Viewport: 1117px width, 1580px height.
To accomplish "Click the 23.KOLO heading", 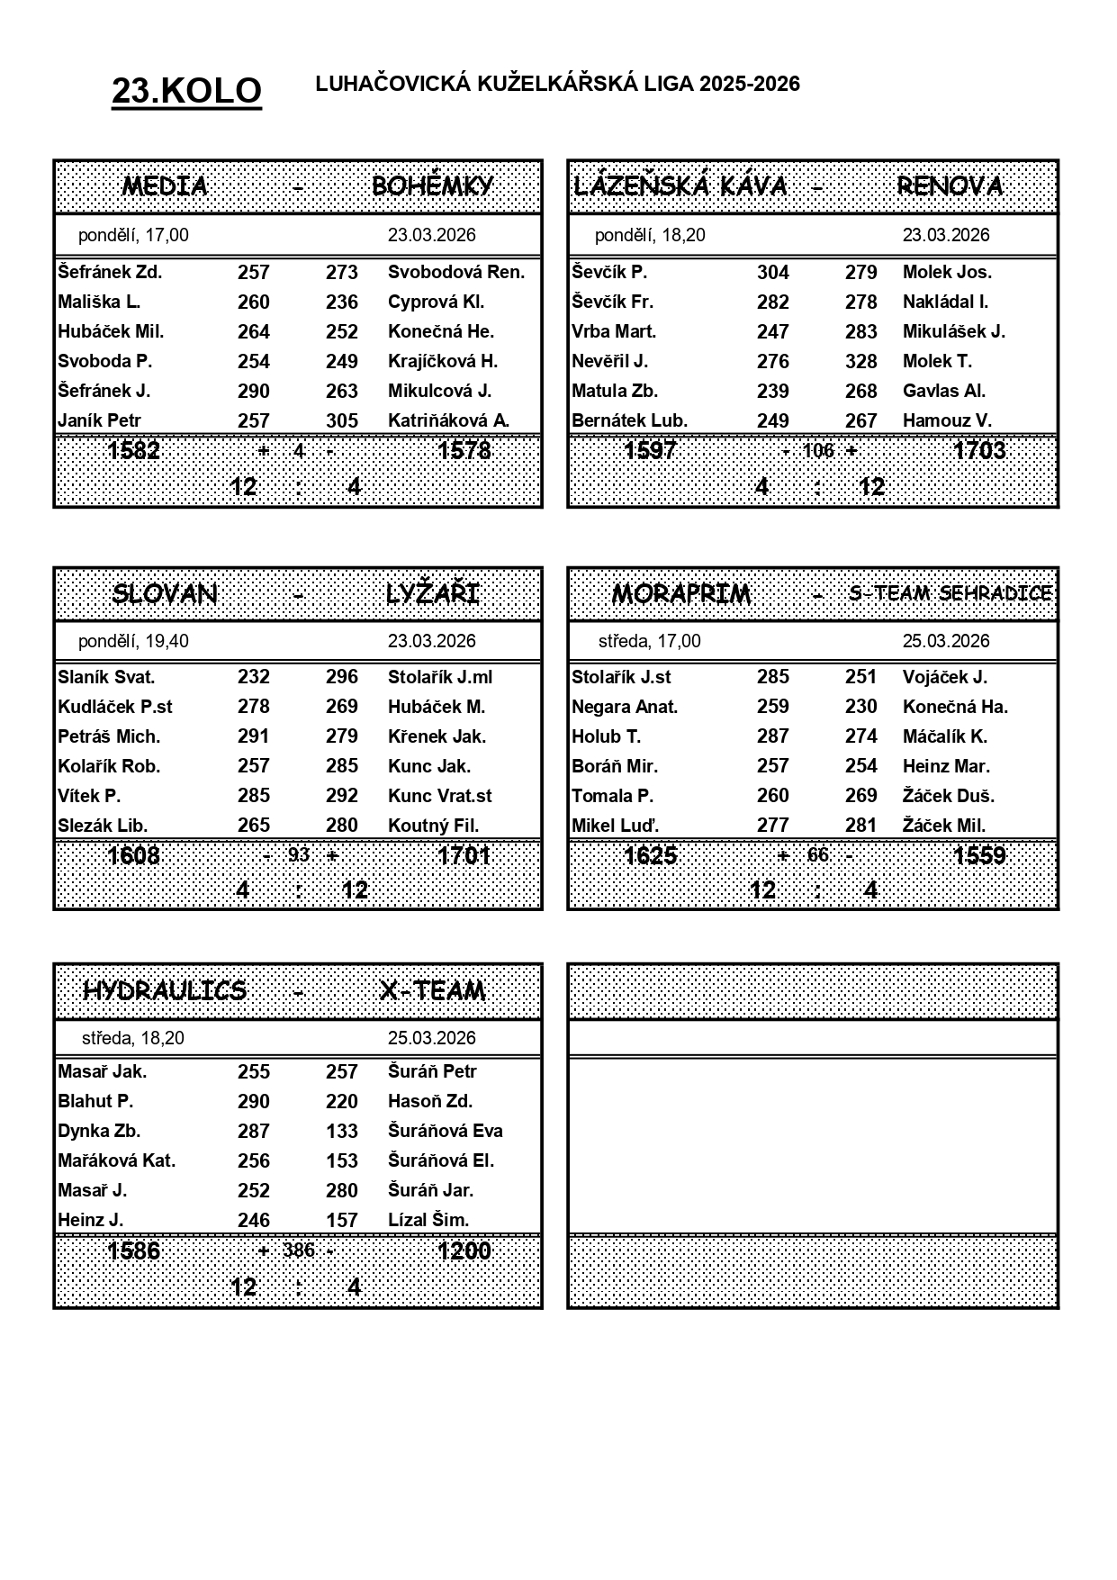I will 186,91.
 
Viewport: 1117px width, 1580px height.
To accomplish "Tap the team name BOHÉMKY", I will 432,186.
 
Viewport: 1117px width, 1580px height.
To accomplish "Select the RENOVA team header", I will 950,186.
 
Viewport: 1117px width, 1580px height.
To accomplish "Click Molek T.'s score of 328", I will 860,361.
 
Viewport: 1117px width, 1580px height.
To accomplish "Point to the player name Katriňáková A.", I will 448,420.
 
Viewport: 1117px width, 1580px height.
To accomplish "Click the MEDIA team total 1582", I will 133,450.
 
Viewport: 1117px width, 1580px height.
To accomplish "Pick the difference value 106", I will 818,450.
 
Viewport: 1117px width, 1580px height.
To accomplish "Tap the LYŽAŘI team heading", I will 432,594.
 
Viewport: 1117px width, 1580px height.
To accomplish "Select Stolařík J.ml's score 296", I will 342,677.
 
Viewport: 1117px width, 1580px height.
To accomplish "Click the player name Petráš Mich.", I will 109,736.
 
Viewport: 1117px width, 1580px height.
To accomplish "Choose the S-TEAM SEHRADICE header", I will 950,593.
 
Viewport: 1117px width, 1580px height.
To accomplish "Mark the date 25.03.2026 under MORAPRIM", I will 946,641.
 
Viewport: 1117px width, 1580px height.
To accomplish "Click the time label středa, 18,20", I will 133,1038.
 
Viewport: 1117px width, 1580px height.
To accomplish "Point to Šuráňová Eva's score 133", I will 342,1131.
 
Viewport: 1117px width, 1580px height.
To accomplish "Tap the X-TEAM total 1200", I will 464,1250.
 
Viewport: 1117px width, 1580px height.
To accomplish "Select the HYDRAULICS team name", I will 165,990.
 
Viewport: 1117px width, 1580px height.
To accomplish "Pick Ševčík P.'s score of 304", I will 772,273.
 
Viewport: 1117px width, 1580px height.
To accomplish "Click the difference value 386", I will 298,1250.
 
